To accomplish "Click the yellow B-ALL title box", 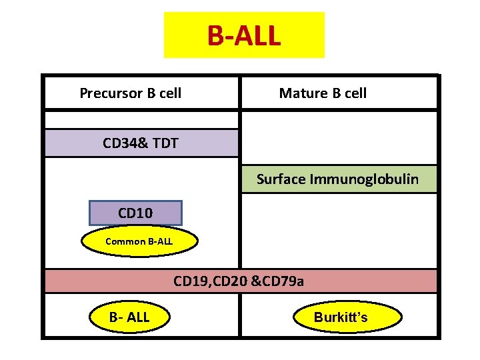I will pos(244,35).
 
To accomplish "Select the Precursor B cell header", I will pos(131,93).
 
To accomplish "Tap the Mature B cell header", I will pos(323,93).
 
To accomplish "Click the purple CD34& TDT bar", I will pos(141,143).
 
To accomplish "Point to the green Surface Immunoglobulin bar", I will pos(338,179).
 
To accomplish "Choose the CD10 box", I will pos(135,213).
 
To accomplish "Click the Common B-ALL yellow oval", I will pos(139,241).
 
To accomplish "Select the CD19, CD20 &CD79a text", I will pos(239,281).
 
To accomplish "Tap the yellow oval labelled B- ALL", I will pos(129,317).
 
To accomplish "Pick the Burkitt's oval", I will pos(341,317).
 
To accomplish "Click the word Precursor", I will pos(108,93).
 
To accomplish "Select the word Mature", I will pos(300,93).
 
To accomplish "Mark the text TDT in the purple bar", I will pos(165,143).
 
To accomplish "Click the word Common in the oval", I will pos(123,241).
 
